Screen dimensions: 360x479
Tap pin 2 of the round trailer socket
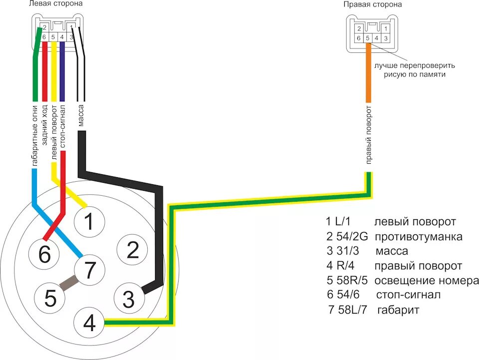[132, 250]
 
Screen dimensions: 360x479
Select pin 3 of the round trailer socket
[129, 299]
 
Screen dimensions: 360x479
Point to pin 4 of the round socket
[89, 324]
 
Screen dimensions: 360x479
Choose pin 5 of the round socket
[50, 298]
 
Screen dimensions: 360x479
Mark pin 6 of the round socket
[45, 255]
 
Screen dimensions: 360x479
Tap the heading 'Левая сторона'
[56, 4]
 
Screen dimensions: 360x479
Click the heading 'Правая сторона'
[373, 4]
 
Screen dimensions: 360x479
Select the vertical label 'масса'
[81, 114]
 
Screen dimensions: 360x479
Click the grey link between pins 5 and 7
[67, 284]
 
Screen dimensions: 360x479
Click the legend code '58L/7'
[349, 310]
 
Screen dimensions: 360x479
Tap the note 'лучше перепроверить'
[412, 65]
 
